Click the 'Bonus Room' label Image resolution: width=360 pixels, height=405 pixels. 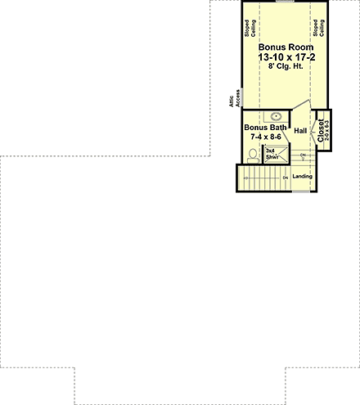(286, 47)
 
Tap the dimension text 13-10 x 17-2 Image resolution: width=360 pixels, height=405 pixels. (286, 58)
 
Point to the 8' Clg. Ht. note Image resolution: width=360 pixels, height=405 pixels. (286, 69)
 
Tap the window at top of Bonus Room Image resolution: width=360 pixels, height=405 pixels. (286, 2)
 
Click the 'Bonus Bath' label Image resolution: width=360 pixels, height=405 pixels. (262, 128)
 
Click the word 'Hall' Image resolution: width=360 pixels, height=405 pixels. (299, 131)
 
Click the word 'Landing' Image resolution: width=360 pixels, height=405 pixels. (303, 178)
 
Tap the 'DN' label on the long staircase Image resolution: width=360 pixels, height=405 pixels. (285, 178)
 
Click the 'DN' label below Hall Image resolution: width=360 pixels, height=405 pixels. (303, 156)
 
